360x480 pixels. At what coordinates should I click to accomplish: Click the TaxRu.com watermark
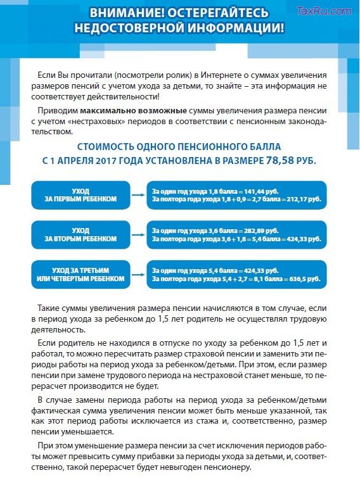click(324, 11)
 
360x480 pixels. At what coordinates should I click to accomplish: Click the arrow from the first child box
click(139, 194)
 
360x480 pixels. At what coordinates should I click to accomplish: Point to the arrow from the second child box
click(139, 234)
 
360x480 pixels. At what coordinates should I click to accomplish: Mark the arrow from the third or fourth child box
click(139, 274)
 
